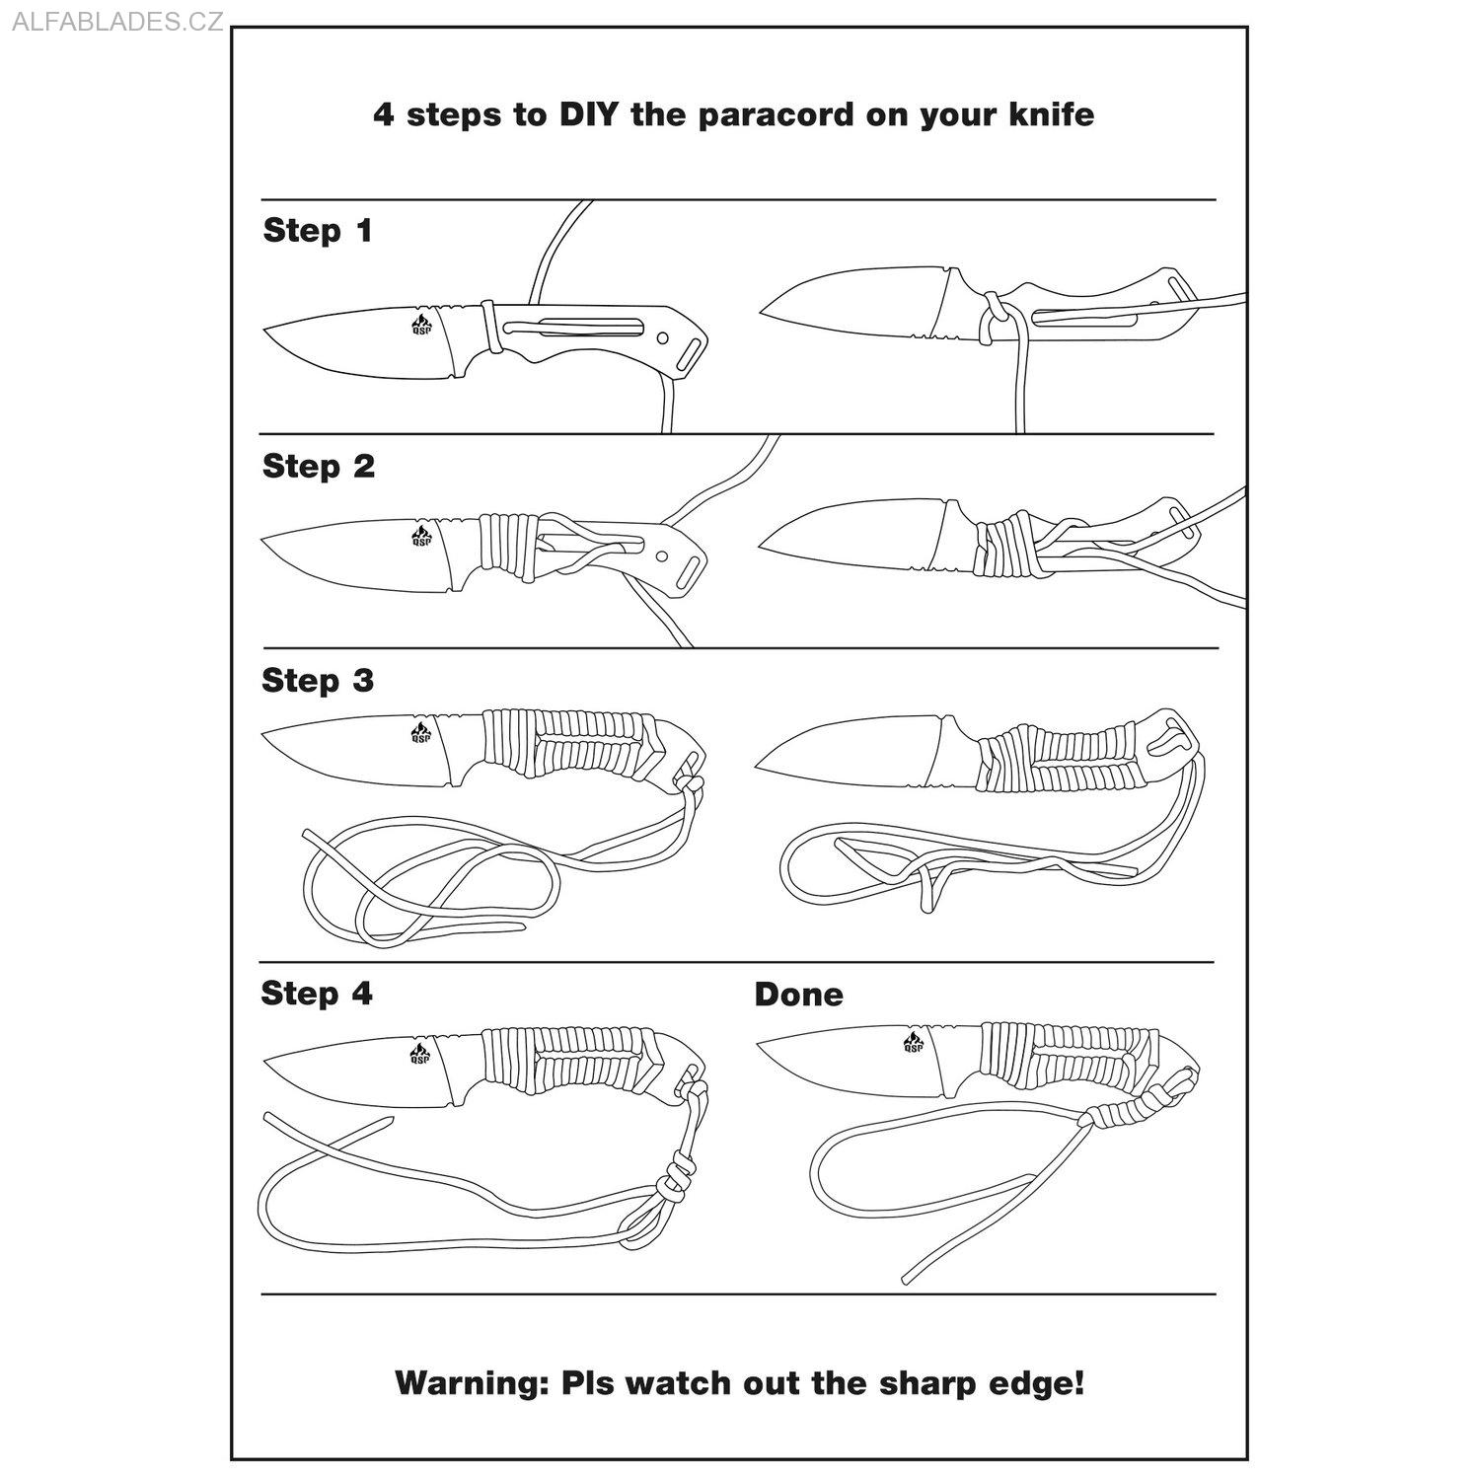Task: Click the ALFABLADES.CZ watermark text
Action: (x=117, y=22)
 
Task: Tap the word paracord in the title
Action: (x=776, y=115)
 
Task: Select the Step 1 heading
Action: (x=318, y=231)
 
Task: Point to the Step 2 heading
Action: (x=319, y=467)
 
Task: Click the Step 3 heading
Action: (x=318, y=681)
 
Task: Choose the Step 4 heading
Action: (x=317, y=994)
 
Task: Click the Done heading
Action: (x=798, y=995)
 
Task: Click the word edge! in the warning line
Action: (x=1041, y=1383)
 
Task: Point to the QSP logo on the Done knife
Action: (x=913, y=1042)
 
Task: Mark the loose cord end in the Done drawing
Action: (x=906, y=1280)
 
